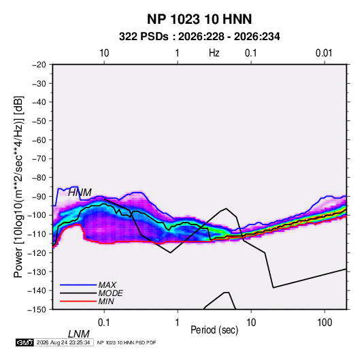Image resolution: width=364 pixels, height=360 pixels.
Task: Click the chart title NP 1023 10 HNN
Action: coord(199,19)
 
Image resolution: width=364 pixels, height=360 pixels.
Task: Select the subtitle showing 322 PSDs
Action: coord(199,37)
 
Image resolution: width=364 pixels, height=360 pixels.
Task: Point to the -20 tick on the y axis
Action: coord(39,65)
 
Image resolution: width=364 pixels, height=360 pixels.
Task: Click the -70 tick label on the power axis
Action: coord(39,159)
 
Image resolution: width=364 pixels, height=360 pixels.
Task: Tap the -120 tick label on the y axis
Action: coord(37,252)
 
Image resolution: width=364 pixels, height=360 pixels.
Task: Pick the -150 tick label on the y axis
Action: coord(37,310)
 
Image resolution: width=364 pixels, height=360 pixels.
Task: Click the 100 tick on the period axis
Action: coord(325,323)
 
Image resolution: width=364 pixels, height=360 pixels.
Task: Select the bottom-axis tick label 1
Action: coord(178,323)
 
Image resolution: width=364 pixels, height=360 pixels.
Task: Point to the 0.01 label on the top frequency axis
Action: coord(324,53)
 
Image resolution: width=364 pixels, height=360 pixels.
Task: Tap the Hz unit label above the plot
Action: coord(214,53)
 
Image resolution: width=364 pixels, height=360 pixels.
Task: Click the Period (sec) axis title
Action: coord(214,330)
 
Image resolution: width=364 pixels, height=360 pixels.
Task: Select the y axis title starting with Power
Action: coord(18,187)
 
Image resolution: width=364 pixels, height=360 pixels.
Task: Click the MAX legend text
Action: coord(107,285)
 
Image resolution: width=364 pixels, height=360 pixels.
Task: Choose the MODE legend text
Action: coord(110,293)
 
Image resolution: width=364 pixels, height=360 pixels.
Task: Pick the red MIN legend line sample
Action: coord(78,301)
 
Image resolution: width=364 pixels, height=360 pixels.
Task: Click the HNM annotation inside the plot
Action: coord(80,193)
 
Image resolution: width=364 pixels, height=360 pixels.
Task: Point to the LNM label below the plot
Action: coord(79,334)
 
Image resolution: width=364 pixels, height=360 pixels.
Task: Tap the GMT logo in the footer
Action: coord(24,342)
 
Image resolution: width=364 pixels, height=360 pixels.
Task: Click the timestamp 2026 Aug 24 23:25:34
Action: coord(63,342)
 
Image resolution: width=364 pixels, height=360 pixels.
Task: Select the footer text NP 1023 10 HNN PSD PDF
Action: coord(127,342)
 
